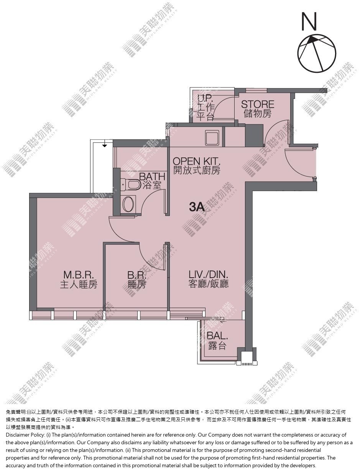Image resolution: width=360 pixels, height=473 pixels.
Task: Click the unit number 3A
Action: [197, 207]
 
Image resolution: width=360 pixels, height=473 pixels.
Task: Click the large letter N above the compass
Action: [309, 21]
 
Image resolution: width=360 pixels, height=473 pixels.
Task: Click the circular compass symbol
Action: [317, 52]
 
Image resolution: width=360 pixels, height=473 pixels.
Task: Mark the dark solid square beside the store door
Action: [254, 136]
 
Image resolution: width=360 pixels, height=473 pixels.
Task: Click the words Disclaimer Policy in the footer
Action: [25, 435]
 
